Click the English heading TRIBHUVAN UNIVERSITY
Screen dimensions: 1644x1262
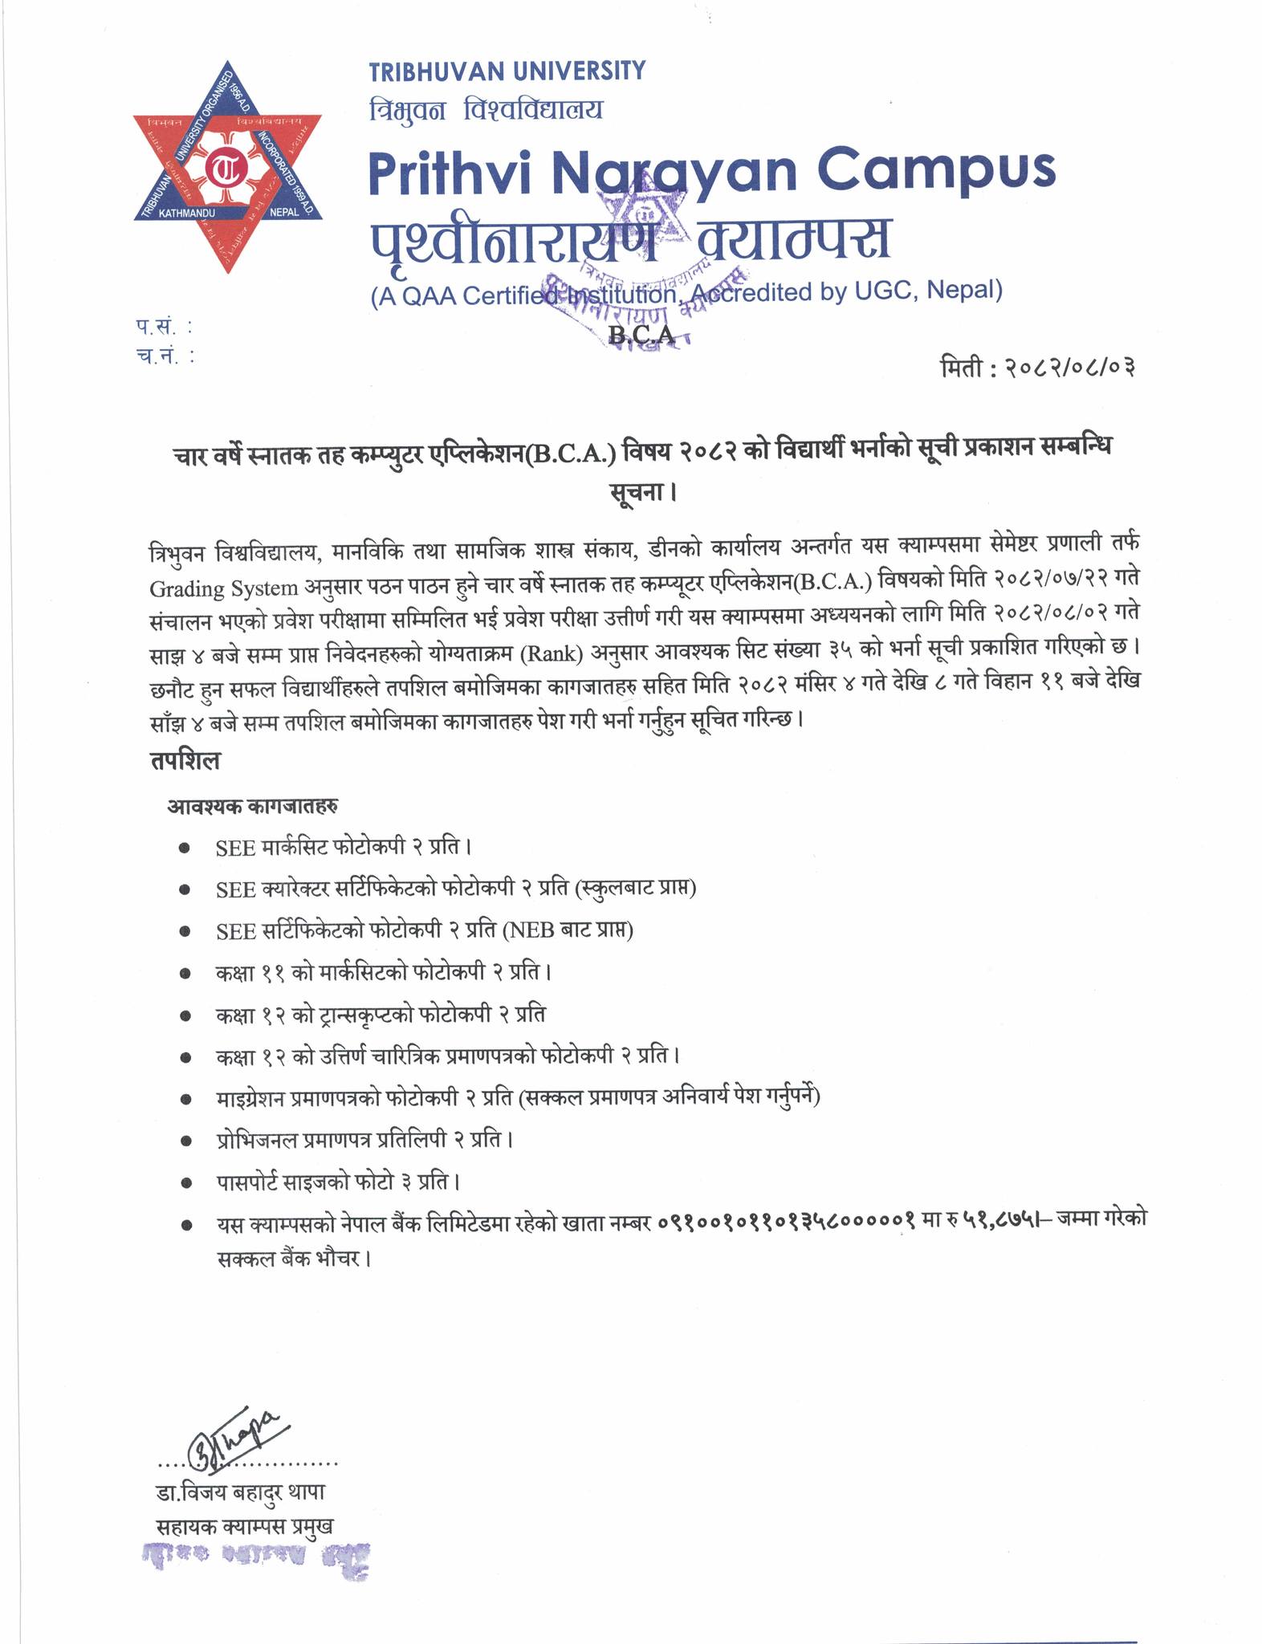pos(507,71)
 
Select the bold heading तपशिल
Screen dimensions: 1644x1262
pos(185,760)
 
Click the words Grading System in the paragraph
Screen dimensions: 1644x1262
pos(223,588)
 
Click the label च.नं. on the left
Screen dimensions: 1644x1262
pos(165,356)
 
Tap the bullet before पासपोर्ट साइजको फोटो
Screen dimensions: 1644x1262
pos(185,1182)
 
